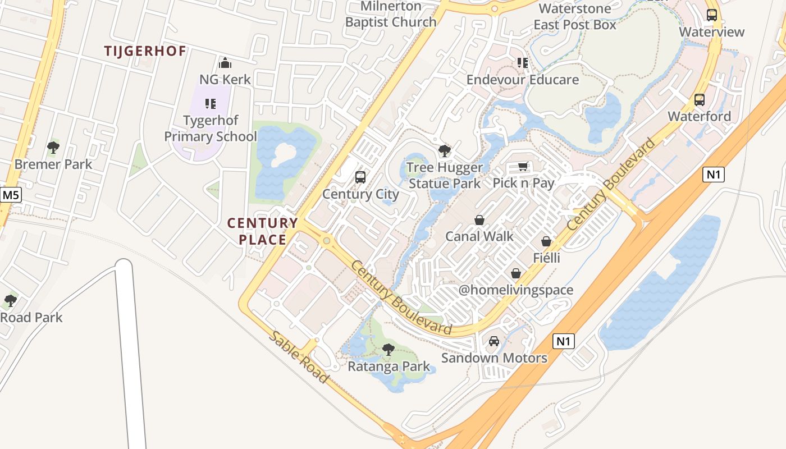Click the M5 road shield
tap(10, 195)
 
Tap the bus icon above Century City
tap(360, 177)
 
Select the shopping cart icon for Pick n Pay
tap(523, 166)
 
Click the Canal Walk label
tap(479, 236)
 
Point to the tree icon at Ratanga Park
tap(388, 350)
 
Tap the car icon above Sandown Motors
tap(494, 341)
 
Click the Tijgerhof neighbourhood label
tap(145, 51)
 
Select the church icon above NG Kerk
tap(225, 62)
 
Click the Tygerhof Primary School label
tap(210, 129)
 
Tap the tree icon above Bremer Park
tap(53, 148)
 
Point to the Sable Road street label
tap(299, 357)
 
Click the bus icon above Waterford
tap(700, 100)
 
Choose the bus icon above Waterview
tap(712, 15)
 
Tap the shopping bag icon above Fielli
tap(546, 241)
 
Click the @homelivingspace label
tap(516, 290)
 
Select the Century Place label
tap(262, 231)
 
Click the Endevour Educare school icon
tap(523, 63)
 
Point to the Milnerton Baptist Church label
tap(391, 14)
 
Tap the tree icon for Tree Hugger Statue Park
tap(444, 150)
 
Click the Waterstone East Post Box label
tap(575, 17)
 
